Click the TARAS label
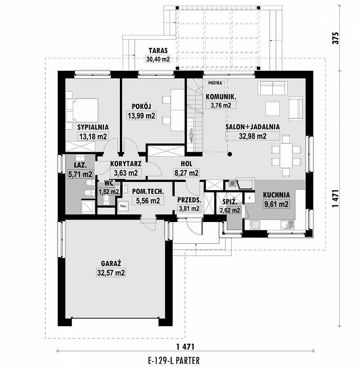coord(158,51)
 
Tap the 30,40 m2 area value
coord(158,59)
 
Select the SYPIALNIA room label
coord(93,127)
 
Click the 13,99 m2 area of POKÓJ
coord(142,116)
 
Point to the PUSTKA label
coord(215,83)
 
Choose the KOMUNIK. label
coord(221,96)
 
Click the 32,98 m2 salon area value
coord(253,136)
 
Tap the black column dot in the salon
coord(230,154)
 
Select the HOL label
coord(187,164)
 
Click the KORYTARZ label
coord(126,164)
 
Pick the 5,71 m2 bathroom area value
coord(80,174)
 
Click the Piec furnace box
coord(123,206)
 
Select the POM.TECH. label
coord(148,191)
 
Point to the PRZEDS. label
coord(189,200)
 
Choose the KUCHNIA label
coord(276,195)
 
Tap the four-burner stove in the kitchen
coord(255,225)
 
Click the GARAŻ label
coord(111,264)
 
